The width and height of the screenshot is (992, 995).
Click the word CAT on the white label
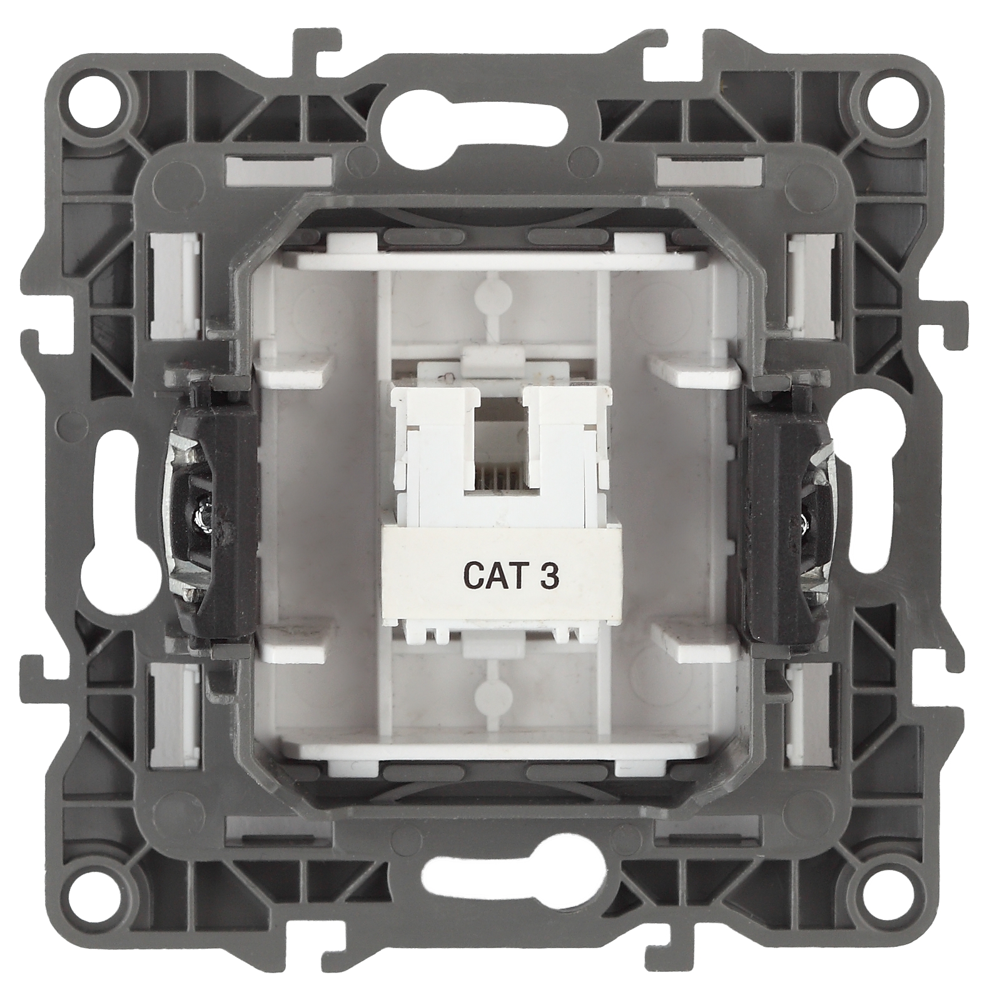click(491, 575)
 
